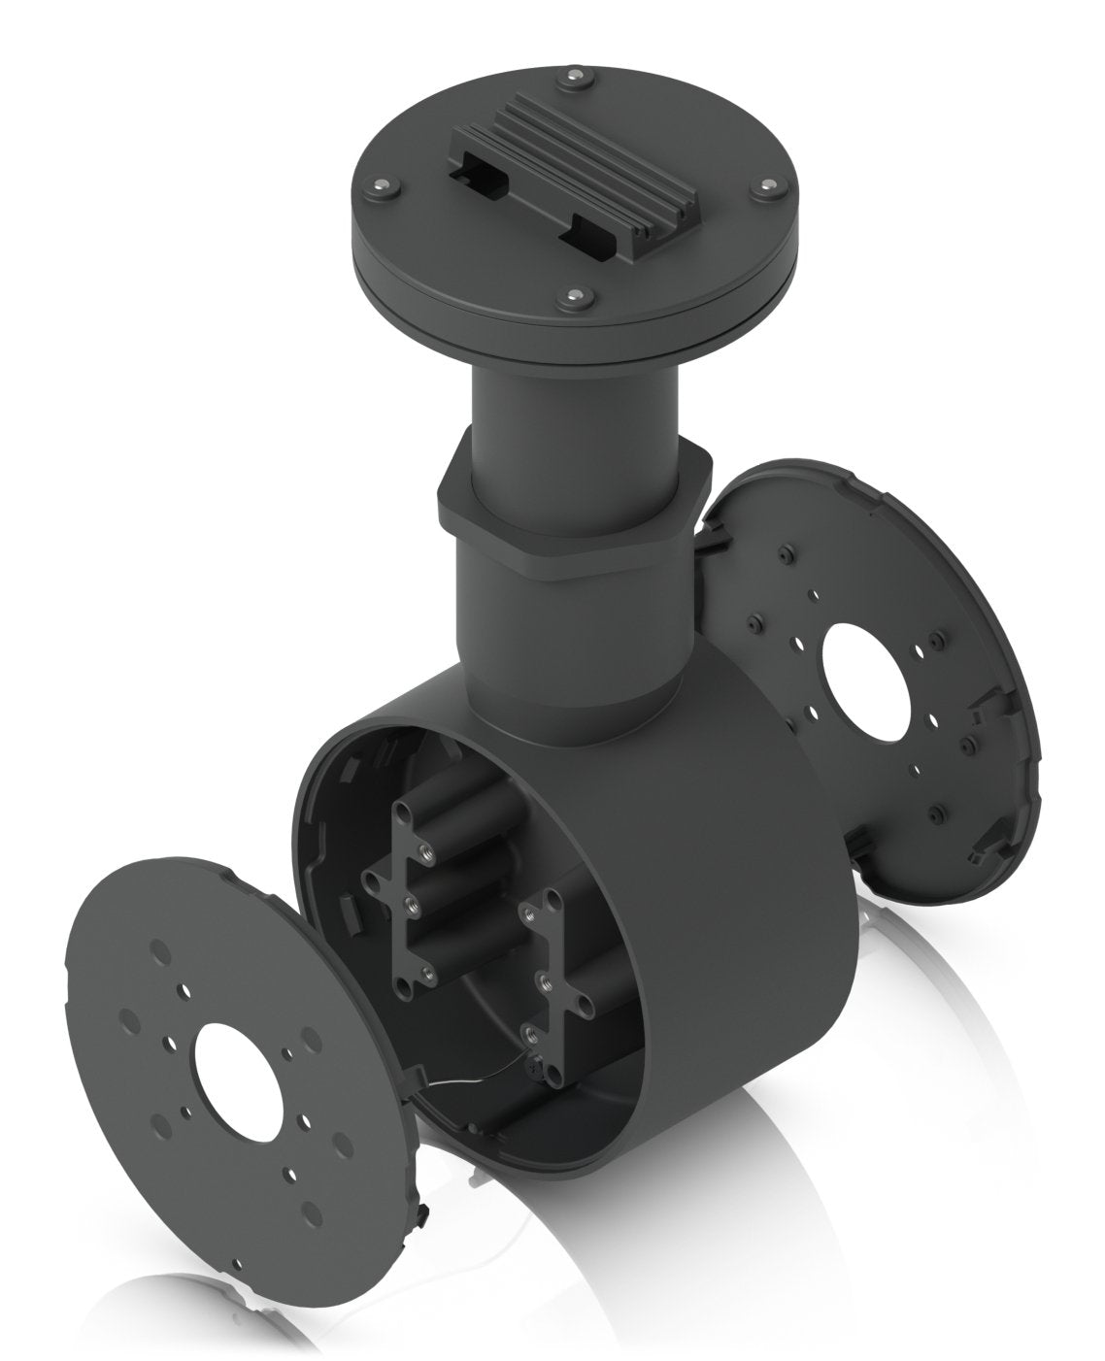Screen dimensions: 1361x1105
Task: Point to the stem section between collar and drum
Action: (573, 631)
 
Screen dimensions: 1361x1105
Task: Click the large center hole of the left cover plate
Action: (238, 1069)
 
